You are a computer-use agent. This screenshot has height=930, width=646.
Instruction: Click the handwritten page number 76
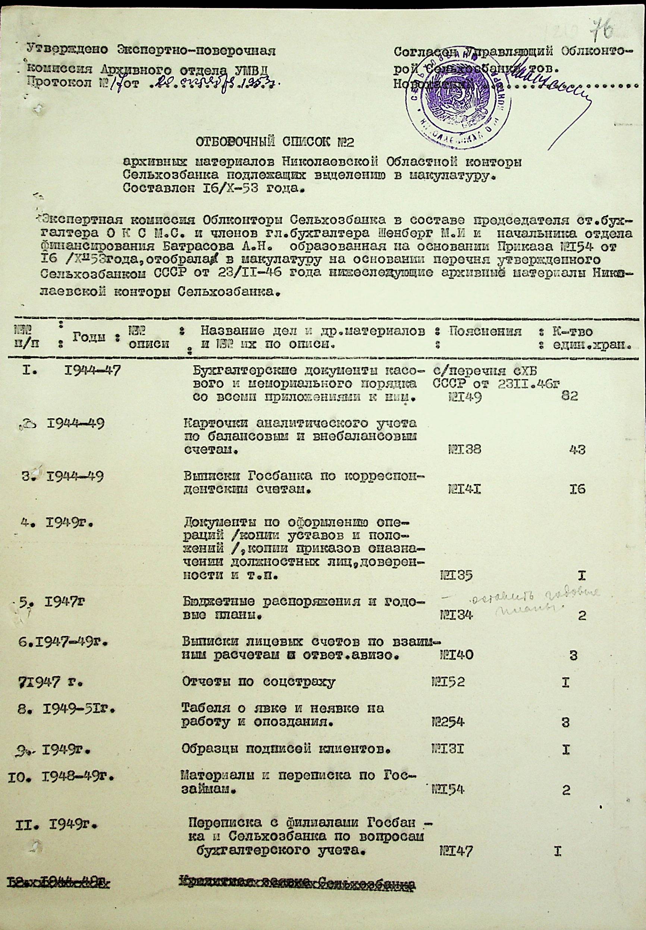[x=602, y=29]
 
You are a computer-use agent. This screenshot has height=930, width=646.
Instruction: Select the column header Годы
[x=89, y=337]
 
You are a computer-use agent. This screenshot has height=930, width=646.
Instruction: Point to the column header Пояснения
[x=485, y=332]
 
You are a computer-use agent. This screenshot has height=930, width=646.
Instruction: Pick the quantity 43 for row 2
[x=576, y=449]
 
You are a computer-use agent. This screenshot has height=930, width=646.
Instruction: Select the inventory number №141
[x=464, y=490]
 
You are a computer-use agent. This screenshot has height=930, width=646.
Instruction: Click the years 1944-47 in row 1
[x=92, y=370]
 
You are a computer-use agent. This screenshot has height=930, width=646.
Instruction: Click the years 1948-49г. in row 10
[x=77, y=777]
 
